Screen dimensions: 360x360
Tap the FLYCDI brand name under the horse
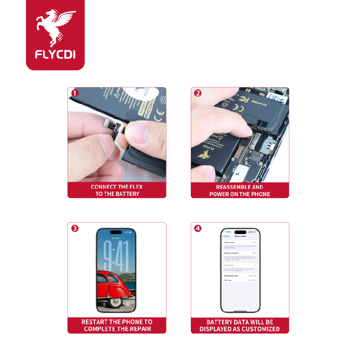point(55,54)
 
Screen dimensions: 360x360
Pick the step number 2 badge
point(198,93)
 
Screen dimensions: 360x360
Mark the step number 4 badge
point(198,228)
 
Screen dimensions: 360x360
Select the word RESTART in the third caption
point(94,322)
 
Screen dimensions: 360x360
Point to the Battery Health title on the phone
point(241,236)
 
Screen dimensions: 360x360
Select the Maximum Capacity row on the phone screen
point(240,253)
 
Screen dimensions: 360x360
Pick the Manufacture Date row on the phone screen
point(240,275)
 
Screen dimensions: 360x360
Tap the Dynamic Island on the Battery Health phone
point(240,232)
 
